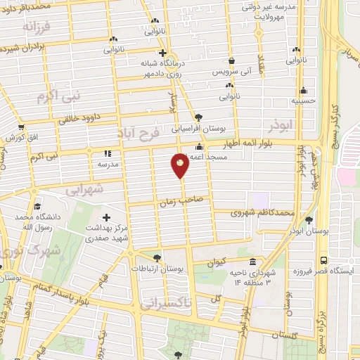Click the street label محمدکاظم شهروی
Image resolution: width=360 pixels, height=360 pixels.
(262, 212)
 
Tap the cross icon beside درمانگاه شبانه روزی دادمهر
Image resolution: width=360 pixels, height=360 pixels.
(162, 53)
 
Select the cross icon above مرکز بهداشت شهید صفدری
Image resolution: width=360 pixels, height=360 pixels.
(107, 218)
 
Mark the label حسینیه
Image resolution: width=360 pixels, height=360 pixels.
(304, 101)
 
